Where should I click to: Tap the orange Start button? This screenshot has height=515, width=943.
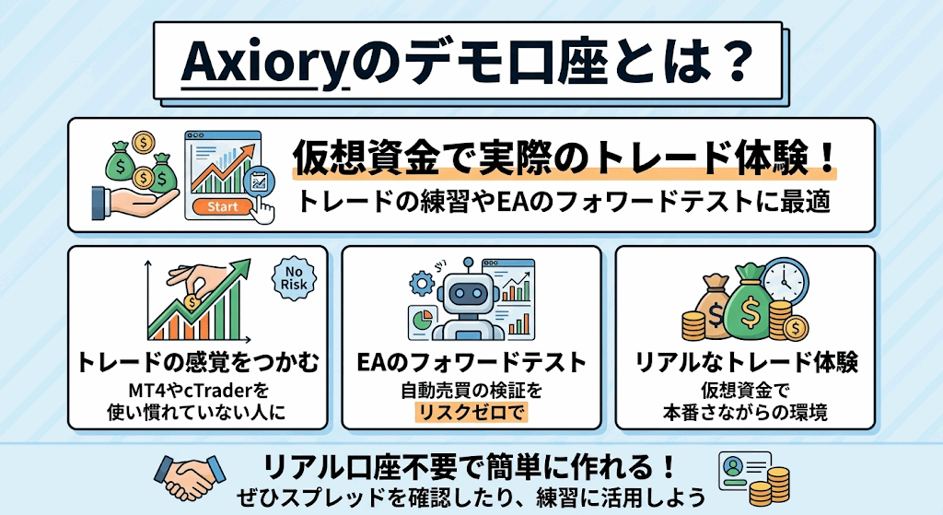pyautogui.click(x=221, y=207)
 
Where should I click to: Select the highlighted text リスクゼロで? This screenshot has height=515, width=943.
pyautogui.click(x=471, y=412)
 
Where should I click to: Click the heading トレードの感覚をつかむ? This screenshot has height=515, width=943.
pyautogui.click(x=198, y=362)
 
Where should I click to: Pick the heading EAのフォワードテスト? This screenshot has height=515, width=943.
pyautogui.click(x=471, y=362)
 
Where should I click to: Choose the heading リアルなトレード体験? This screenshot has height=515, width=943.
pyautogui.click(x=746, y=362)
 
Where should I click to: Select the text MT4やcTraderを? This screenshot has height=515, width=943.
pyautogui.click(x=198, y=391)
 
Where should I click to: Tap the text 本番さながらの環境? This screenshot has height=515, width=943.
pyautogui.click(x=746, y=412)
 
